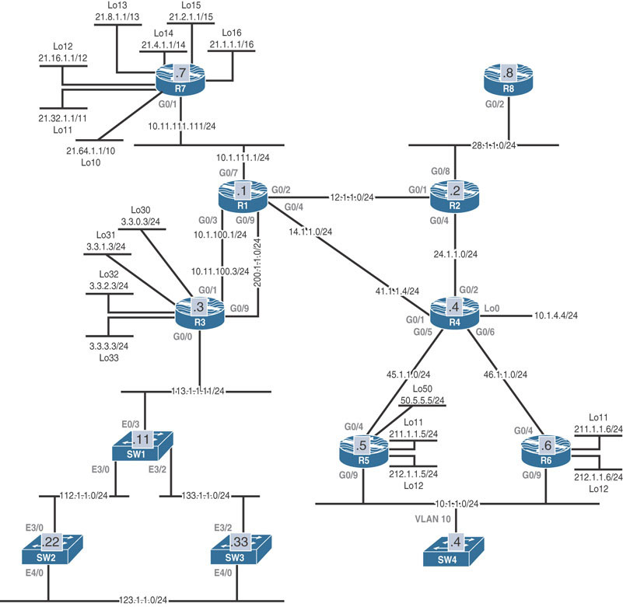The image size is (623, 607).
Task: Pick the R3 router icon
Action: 199,311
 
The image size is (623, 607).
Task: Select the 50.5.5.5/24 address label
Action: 422,400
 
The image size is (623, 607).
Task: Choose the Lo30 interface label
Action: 140,211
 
